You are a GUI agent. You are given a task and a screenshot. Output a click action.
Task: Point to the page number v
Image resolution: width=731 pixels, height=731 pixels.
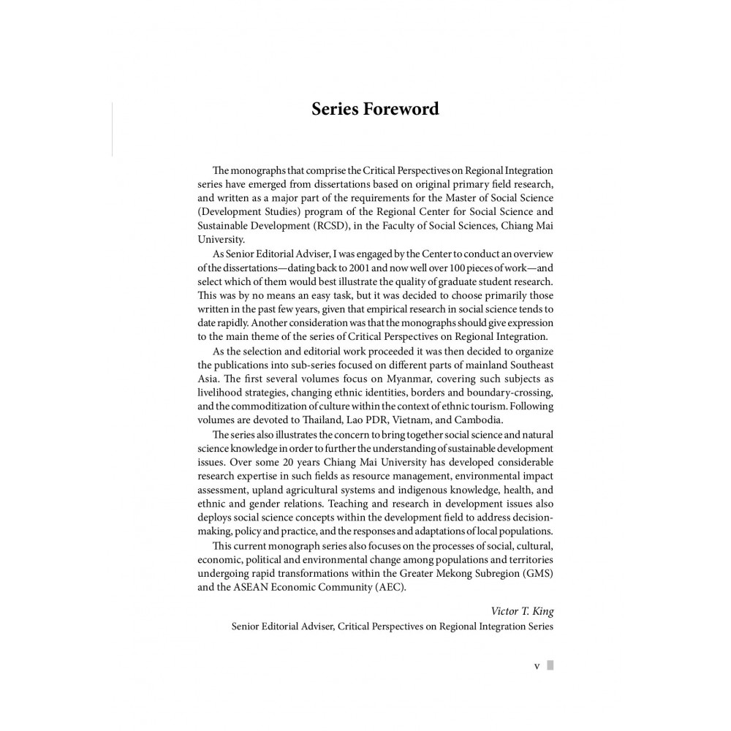coord(537,666)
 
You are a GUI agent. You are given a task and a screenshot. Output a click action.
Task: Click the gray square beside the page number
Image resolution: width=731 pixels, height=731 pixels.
coord(550,665)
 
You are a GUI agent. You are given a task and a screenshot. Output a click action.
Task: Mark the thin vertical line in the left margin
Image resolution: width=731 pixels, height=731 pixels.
coord(112,129)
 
